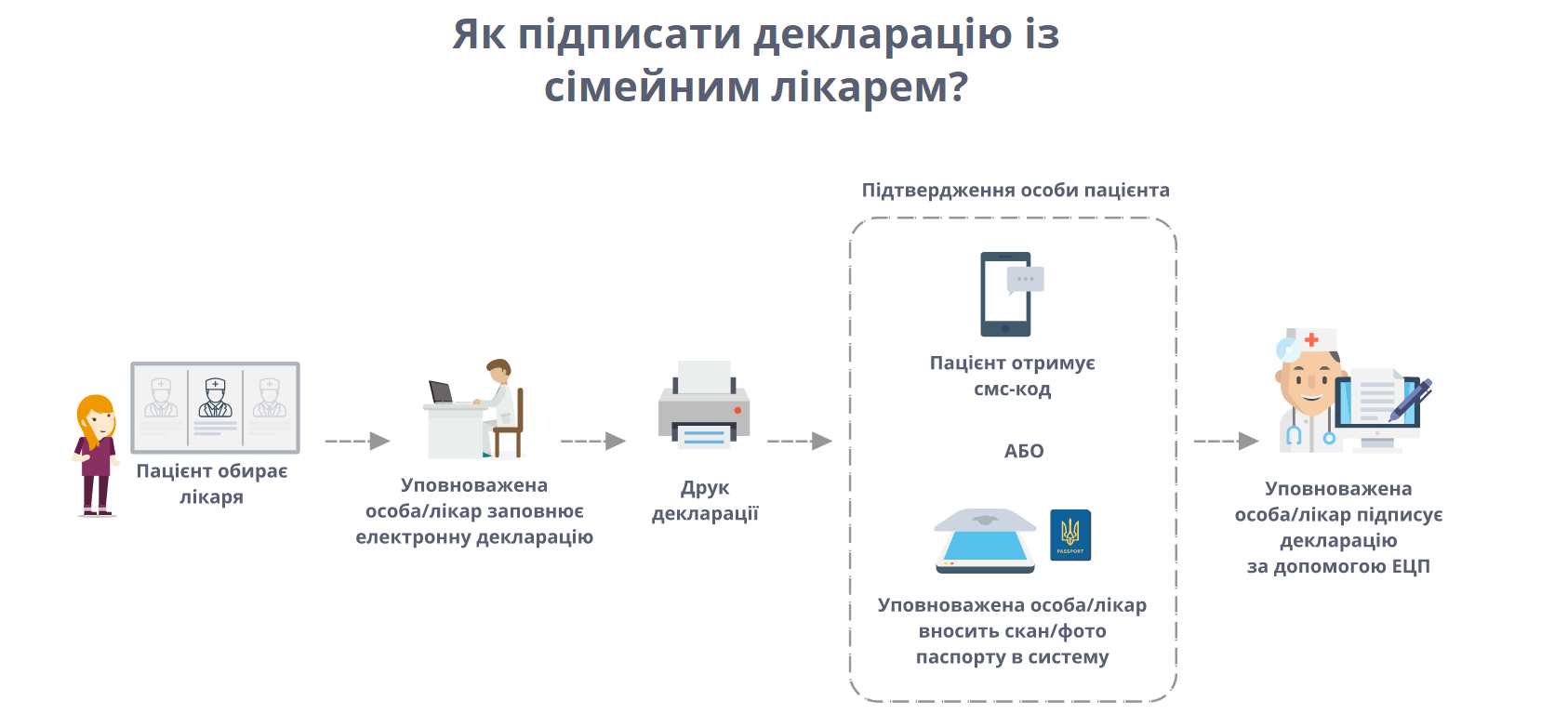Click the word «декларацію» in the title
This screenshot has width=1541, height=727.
click(x=881, y=35)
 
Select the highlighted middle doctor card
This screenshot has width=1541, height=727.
click(x=215, y=406)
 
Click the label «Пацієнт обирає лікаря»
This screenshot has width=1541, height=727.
click(x=212, y=483)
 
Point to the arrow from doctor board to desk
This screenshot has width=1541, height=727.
click(x=357, y=441)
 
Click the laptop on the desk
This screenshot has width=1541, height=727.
click(x=441, y=392)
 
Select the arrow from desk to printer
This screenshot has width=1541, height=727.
click(x=592, y=441)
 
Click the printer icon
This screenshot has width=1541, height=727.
click(x=704, y=405)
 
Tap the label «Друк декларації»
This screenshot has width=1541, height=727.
click(x=705, y=500)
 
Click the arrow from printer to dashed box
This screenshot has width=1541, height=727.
click(x=799, y=441)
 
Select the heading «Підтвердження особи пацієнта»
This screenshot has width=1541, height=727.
click(x=1016, y=191)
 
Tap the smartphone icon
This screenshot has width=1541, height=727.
click(x=1005, y=294)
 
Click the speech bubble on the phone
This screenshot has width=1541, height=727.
click(x=1026, y=279)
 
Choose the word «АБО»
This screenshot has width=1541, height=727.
click(x=1024, y=451)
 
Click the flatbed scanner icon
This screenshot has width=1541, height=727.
click(x=985, y=541)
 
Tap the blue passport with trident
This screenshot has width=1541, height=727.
click(x=1070, y=535)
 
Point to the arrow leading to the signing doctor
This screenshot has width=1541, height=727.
click(x=1226, y=441)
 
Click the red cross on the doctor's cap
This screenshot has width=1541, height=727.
click(x=1311, y=339)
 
